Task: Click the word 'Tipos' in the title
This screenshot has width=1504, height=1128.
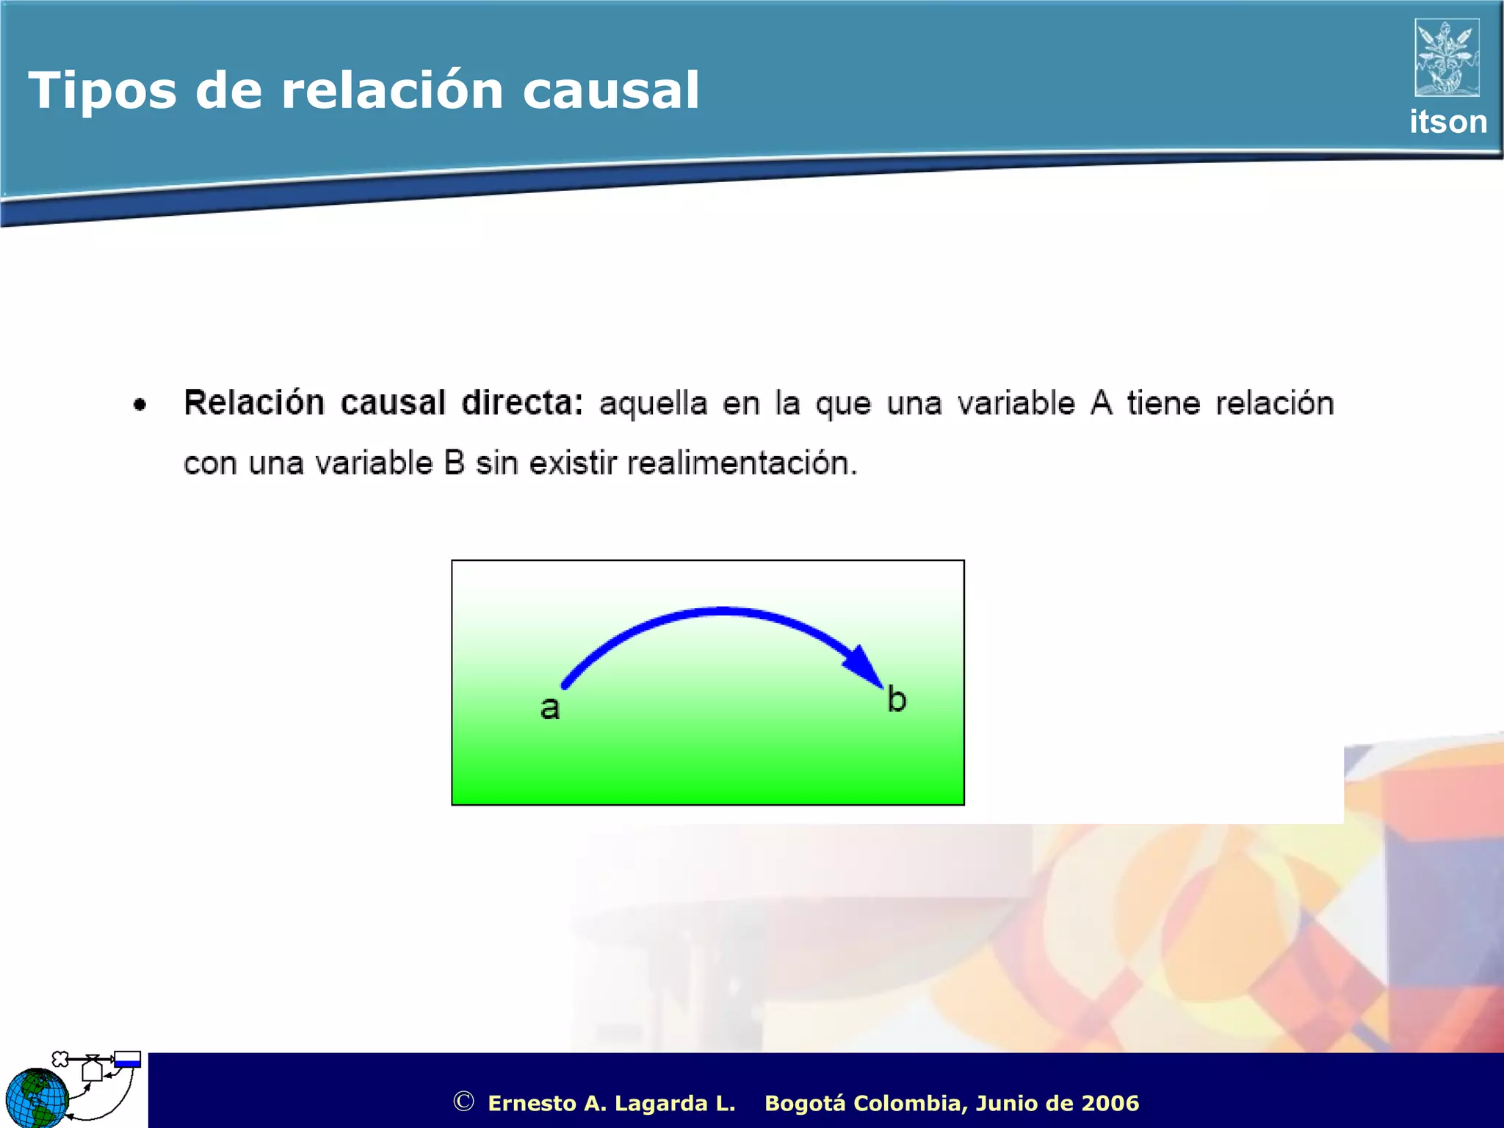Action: coord(102,92)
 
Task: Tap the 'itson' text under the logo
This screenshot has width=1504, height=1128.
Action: coord(1447,122)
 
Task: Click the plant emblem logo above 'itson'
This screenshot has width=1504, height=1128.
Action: coord(1447,58)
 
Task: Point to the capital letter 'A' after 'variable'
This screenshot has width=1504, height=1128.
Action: coord(1101,403)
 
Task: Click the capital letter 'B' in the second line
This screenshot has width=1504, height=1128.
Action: coord(454,463)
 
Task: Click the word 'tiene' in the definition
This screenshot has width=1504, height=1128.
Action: coord(1163,403)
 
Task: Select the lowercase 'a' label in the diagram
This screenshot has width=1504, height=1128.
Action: coord(550,709)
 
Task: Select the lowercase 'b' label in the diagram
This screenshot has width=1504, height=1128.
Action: coord(896,699)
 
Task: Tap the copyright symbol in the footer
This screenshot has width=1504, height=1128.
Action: coord(463,1101)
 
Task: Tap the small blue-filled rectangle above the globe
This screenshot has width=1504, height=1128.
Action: coord(127,1059)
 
